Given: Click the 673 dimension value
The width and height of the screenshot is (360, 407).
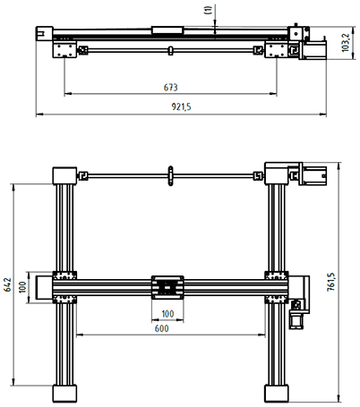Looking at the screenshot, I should [170, 88].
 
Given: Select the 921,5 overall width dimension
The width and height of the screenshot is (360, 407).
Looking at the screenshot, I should [180, 107].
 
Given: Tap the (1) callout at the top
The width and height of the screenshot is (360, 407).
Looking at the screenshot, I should [209, 11].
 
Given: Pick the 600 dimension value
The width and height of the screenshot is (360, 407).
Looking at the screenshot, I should [161, 328].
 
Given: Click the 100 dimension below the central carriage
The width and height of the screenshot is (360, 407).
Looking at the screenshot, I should [167, 313].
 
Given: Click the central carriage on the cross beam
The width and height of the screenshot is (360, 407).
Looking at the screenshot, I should [168, 286].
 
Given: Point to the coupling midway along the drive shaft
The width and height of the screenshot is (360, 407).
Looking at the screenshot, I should [170, 176].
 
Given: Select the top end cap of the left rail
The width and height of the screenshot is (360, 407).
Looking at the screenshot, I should [65, 174].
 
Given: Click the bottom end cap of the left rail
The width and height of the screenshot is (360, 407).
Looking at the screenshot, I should [65, 394].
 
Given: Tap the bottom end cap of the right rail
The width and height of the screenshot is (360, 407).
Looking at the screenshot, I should [276, 394].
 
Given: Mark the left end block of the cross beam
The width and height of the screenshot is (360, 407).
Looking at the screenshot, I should [42, 286].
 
